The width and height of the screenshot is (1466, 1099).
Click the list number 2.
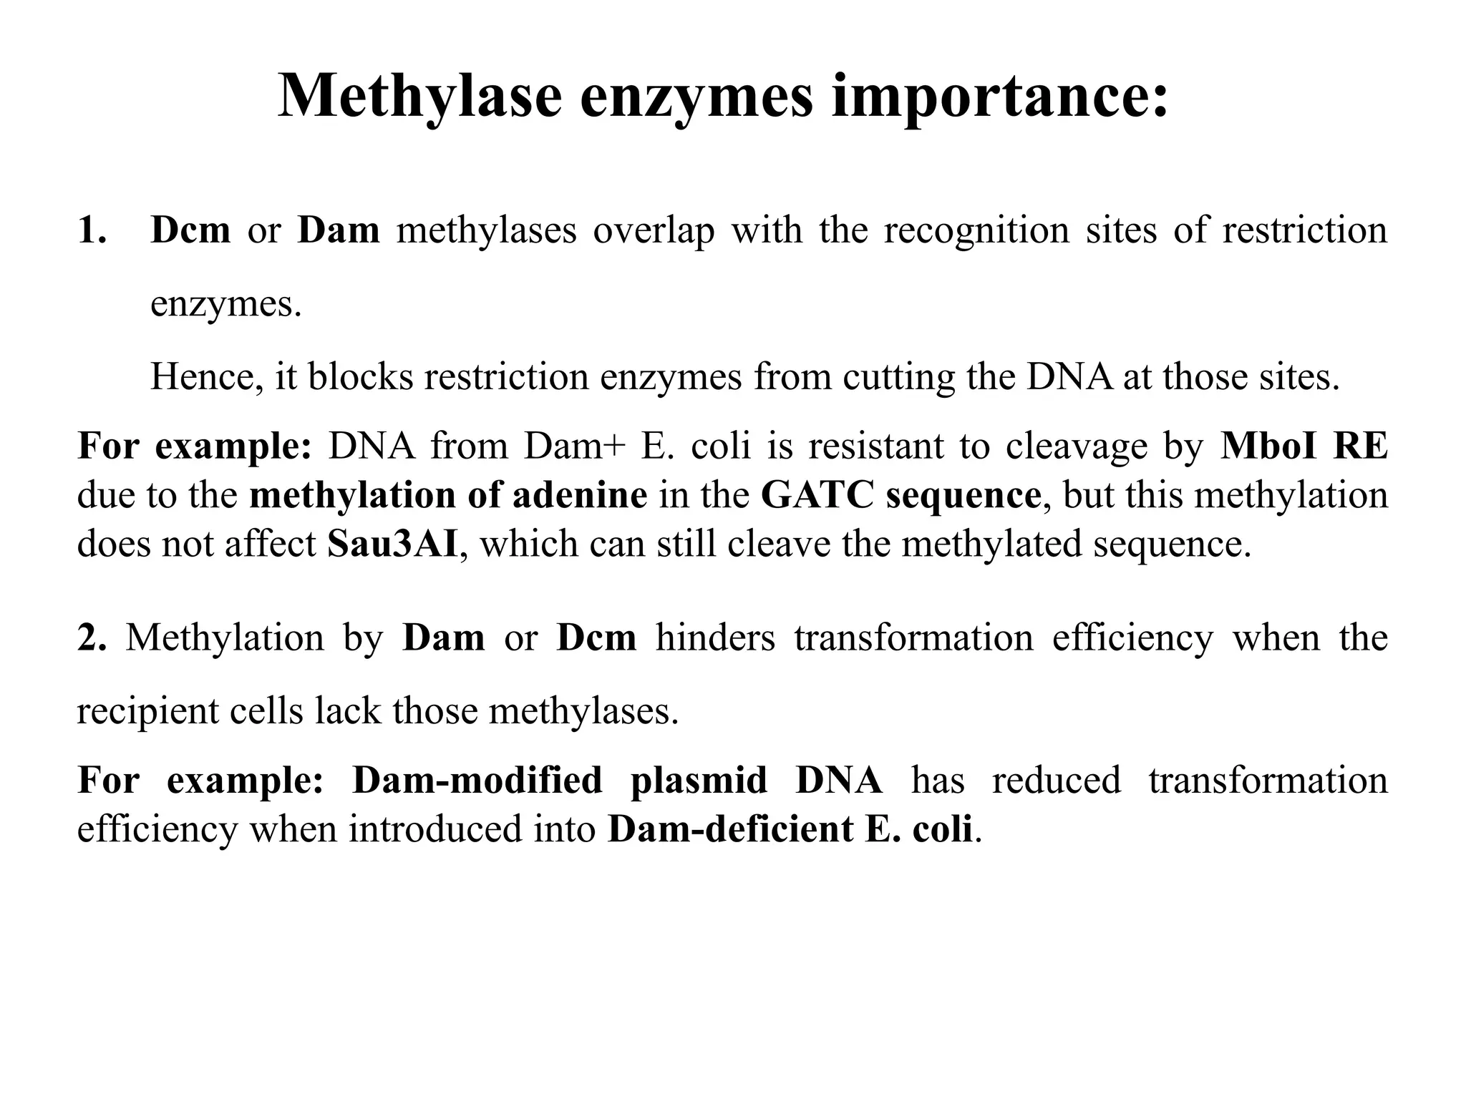tap(91, 638)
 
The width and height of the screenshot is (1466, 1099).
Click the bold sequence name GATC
tap(817, 495)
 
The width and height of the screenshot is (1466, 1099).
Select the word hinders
tap(715, 638)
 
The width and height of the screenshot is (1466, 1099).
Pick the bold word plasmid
tap(699, 781)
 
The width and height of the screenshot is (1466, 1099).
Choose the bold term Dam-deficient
tap(730, 830)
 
